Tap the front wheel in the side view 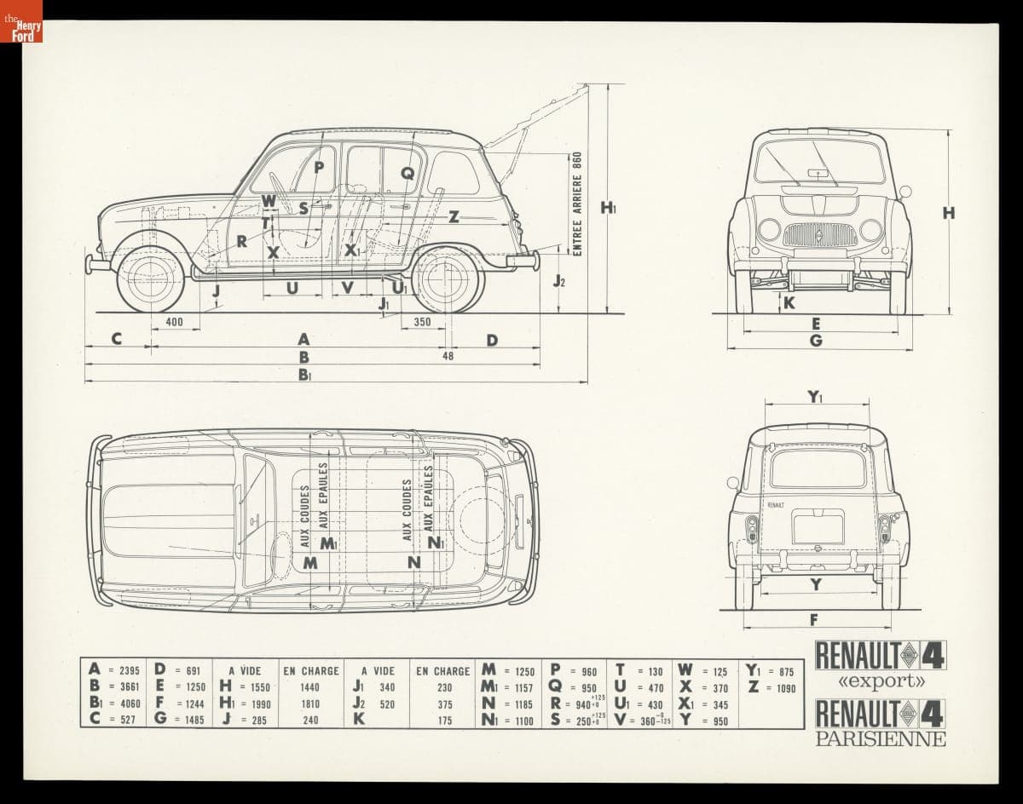tap(151, 279)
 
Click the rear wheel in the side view tap(448, 279)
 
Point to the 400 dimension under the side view tap(174, 323)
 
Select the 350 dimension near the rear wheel tap(422, 323)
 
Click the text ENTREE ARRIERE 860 tap(577, 204)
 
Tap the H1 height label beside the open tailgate tap(609, 207)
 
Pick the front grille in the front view tap(820, 234)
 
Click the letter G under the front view tap(816, 341)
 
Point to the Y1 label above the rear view tap(815, 396)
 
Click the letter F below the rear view tap(814, 619)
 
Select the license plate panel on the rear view tap(818, 526)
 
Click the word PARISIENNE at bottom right tap(881, 738)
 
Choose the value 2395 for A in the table tap(128, 671)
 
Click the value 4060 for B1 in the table tap(128, 704)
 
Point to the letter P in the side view tap(319, 167)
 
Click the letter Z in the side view tap(454, 216)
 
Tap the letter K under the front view tap(789, 302)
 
